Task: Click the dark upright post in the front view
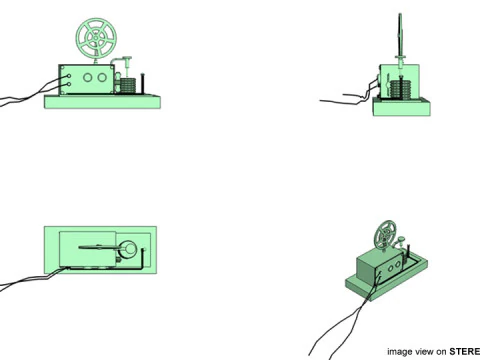(x=145, y=84)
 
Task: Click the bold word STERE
(x=464, y=350)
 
